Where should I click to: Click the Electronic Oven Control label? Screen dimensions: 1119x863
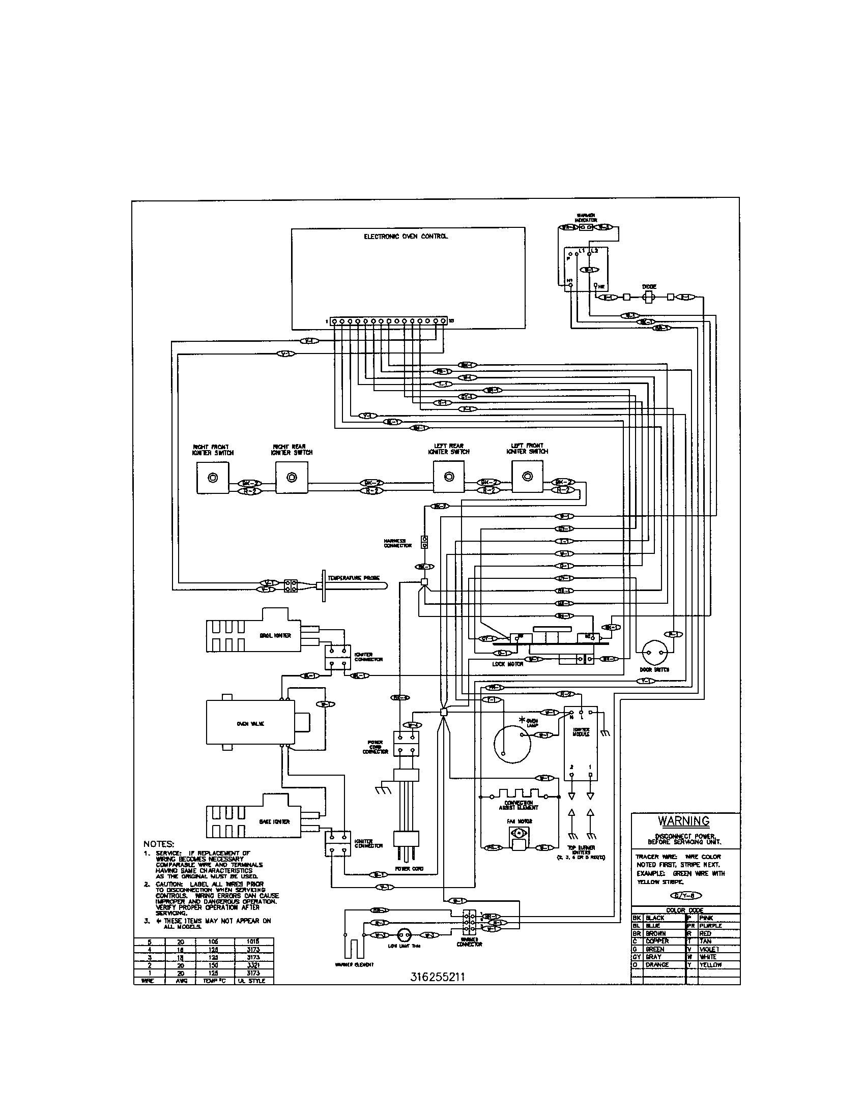[x=406, y=237]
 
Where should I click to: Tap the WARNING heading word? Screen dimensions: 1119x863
[x=684, y=820]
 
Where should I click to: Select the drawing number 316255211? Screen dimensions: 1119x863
[x=437, y=977]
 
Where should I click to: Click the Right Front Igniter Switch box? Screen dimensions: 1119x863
[x=213, y=478]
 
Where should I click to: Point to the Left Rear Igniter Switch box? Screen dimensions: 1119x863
[x=449, y=477]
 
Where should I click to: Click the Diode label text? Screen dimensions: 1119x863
[x=649, y=287]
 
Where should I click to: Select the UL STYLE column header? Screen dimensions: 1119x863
[x=253, y=981]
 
